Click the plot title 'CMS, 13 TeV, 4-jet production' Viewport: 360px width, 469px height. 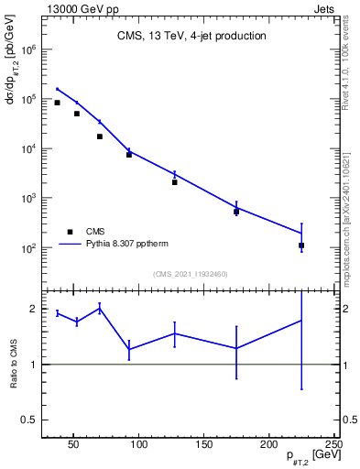[x=191, y=37]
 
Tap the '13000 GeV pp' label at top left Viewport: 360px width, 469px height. [x=78, y=6]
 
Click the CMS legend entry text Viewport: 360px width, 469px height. [x=95, y=232]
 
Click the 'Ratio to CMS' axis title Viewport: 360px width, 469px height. [x=16, y=378]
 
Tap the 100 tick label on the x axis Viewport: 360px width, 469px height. [x=139, y=445]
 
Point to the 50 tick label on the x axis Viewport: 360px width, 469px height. [x=75, y=445]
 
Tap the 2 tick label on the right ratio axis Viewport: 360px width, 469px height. [x=342, y=309]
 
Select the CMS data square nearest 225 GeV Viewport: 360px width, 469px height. [x=301, y=245]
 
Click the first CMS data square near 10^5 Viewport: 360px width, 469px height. [x=57, y=103]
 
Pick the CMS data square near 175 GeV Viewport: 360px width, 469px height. [x=236, y=212]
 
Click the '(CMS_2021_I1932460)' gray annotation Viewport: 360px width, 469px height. [x=191, y=274]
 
